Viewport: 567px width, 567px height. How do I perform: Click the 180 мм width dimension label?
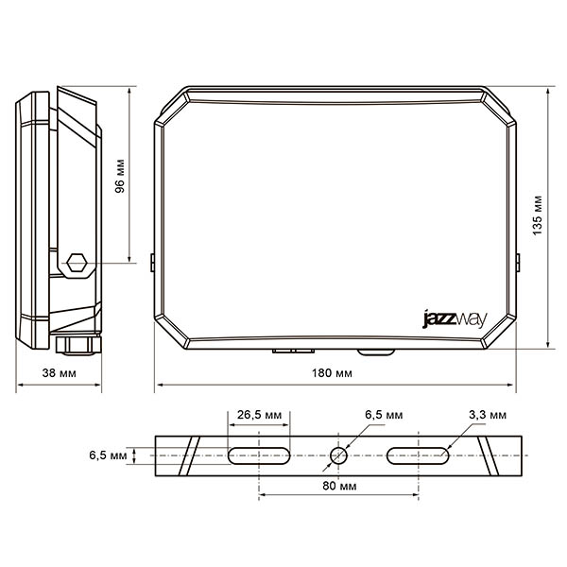tap(332, 373)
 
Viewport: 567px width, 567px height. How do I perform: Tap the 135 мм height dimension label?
tap(538, 215)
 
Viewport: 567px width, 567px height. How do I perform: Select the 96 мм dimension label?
tap(120, 176)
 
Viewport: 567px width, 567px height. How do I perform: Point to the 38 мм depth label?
tap(60, 373)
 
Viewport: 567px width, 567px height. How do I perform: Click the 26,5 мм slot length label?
tap(259, 415)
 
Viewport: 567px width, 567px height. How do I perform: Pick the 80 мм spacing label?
tap(339, 486)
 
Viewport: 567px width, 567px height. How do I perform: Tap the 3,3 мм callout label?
tap(488, 415)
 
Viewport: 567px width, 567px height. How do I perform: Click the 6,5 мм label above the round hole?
tap(384, 415)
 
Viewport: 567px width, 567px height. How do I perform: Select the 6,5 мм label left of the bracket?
tap(108, 455)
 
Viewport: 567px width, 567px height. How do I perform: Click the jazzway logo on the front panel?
tap(455, 319)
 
